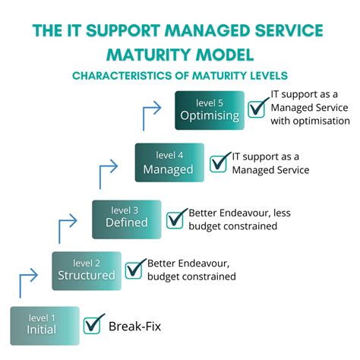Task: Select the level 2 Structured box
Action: pyautogui.click(x=86, y=269)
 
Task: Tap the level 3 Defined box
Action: pyautogui.click(x=126, y=219)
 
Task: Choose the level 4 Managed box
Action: pyautogui.click(x=169, y=163)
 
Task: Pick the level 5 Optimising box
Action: pyautogui.click(x=210, y=110)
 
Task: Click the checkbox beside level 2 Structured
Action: pyautogui.click(x=135, y=269)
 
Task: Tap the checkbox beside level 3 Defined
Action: pyautogui.click(x=176, y=219)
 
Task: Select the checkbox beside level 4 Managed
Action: pyautogui.click(x=219, y=163)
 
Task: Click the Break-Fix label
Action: pyautogui.click(x=134, y=327)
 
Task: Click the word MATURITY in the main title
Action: pyautogui.click(x=149, y=55)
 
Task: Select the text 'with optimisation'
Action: pyautogui.click(x=311, y=120)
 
